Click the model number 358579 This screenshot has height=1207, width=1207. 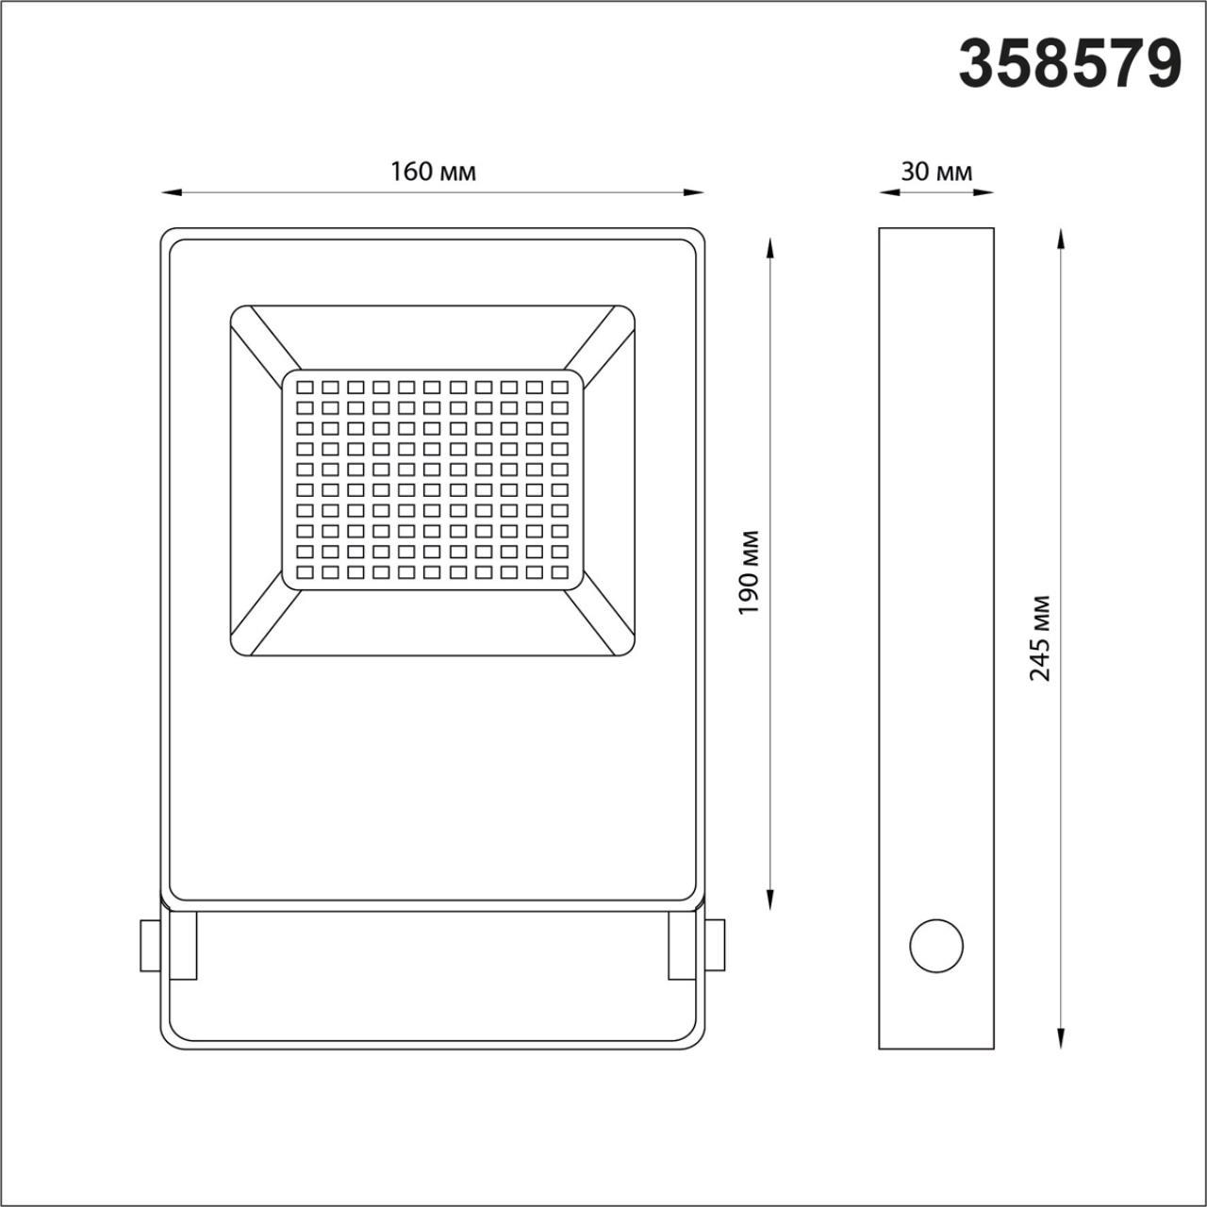tap(1069, 64)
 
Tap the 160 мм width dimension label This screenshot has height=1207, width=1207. tap(433, 172)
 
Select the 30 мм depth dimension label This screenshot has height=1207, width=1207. tap(935, 172)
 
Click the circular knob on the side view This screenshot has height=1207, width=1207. tap(935, 944)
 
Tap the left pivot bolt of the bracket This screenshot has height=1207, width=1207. tap(149, 945)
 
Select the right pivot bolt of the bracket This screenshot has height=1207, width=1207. tap(716, 945)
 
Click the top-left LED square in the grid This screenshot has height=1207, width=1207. tap(305, 388)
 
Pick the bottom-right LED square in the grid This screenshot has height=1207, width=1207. tap(559, 571)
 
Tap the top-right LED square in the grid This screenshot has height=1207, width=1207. tap(559, 388)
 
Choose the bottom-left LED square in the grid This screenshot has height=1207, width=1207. tap(305, 571)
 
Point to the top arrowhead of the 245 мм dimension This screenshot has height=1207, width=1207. tap(1061, 237)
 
